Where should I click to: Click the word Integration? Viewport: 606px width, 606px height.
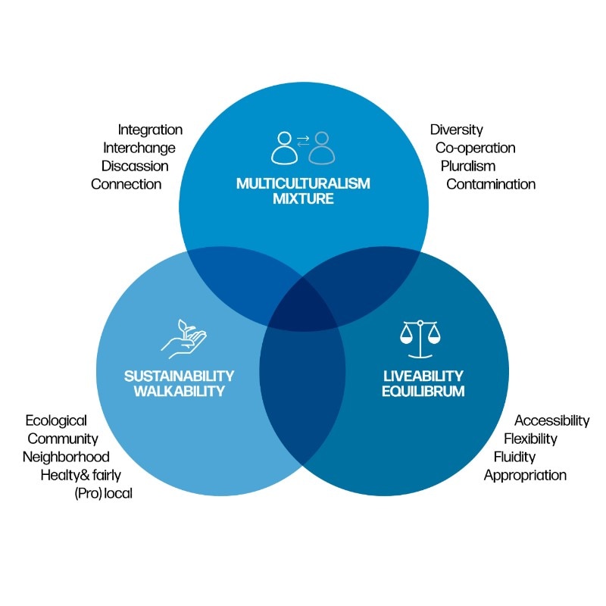click(150, 130)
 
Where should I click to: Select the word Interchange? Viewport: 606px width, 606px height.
click(139, 148)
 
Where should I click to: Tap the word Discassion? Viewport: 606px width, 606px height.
click(135, 166)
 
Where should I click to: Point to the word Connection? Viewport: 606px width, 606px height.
click(127, 184)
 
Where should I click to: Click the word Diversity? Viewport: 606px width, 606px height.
click(456, 130)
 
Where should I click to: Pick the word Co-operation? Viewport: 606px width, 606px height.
click(475, 148)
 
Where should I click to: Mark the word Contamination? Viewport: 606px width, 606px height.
click(491, 184)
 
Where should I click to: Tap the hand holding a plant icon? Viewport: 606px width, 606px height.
click(183, 339)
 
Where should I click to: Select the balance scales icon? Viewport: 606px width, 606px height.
click(419, 339)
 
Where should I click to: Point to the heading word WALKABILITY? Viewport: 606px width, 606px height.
click(180, 392)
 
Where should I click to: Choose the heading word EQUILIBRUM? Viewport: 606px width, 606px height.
click(423, 392)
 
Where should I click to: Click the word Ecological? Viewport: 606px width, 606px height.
click(56, 420)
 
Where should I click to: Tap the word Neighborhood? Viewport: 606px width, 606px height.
click(66, 457)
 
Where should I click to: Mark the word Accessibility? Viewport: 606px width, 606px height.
click(551, 420)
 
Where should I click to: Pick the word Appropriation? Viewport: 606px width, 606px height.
click(525, 476)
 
